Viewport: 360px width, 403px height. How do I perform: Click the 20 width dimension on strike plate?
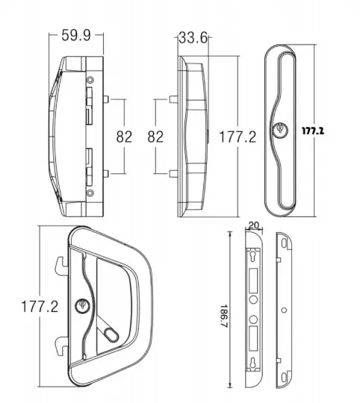click(252, 224)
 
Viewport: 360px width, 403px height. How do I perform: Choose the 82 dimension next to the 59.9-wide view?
click(124, 137)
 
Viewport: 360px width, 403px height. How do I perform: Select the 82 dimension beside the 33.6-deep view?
click(156, 137)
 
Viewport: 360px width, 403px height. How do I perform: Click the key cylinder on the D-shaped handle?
click(82, 305)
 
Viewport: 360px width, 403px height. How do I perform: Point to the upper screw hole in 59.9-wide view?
click(90, 80)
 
